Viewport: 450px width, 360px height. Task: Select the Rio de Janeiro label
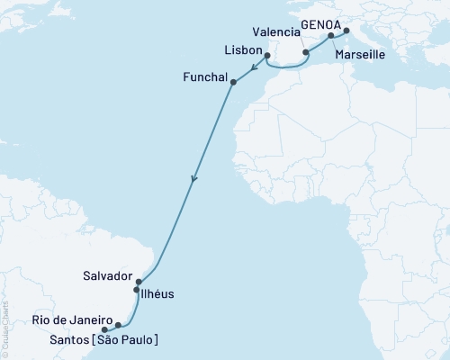point(72,321)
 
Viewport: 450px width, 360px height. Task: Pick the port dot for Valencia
point(306,53)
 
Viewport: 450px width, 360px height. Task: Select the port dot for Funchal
point(234,84)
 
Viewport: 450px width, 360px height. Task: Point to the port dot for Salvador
point(139,282)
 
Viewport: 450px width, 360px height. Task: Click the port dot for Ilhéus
point(137,290)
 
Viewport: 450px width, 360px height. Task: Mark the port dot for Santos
point(106,328)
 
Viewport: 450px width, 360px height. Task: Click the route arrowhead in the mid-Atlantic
point(193,181)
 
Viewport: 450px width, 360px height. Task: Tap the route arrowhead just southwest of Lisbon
point(254,67)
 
